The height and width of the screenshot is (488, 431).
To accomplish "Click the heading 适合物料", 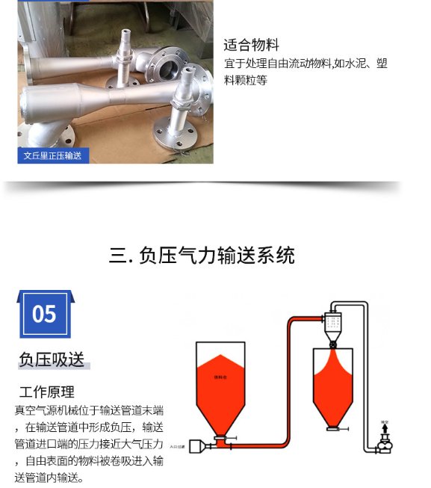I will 251,46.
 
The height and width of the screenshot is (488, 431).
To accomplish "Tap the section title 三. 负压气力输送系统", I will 202,256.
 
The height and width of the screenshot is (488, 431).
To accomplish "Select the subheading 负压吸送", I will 52,359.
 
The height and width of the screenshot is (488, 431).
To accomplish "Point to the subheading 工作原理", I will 47,392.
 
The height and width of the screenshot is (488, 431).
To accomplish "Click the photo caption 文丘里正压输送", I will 52,156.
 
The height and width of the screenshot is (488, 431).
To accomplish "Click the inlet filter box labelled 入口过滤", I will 197,446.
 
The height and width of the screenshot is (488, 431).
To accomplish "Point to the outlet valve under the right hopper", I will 335,430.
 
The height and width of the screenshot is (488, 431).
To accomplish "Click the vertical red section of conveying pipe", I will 290,381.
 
